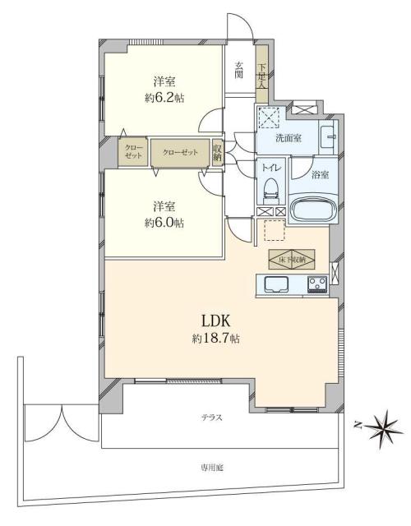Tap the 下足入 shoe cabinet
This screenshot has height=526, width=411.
pyautogui.click(x=262, y=75)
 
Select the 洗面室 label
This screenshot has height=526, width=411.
pyautogui.click(x=287, y=138)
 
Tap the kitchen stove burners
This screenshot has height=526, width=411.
pyautogui.click(x=317, y=285)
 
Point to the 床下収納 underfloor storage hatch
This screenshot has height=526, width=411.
pyautogui.click(x=292, y=259)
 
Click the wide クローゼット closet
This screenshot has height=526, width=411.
pyautogui.click(x=179, y=152)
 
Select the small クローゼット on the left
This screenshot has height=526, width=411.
pyautogui.click(x=133, y=152)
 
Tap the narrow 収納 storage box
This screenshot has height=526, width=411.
pyautogui.click(x=218, y=152)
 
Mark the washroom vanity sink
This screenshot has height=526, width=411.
pyautogui.click(x=328, y=136)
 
